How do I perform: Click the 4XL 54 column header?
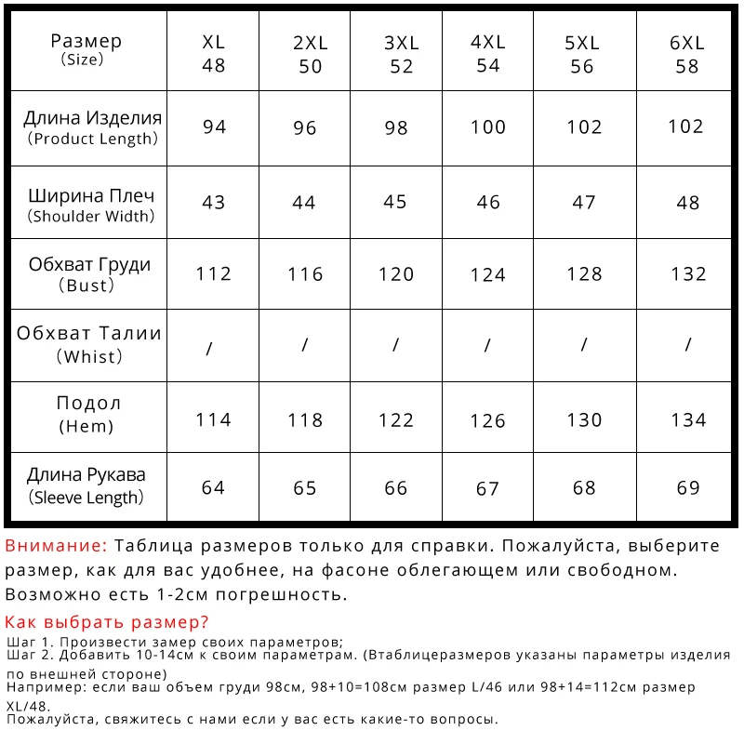click(488, 54)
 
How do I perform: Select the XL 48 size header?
click(214, 54)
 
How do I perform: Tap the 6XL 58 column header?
click(687, 54)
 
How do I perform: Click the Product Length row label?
click(92, 128)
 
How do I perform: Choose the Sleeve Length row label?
click(86, 485)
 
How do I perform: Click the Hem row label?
click(88, 415)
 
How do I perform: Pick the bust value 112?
click(214, 273)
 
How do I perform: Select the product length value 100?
click(488, 127)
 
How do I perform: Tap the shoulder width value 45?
click(396, 202)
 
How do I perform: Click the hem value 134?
click(688, 420)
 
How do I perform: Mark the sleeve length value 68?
click(584, 488)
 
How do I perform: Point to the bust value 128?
click(584, 273)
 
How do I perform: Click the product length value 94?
click(214, 127)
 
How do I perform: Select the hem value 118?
click(305, 420)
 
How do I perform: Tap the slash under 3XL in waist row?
click(396, 345)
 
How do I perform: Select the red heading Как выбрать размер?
click(107, 622)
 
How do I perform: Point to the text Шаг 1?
click(27, 643)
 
